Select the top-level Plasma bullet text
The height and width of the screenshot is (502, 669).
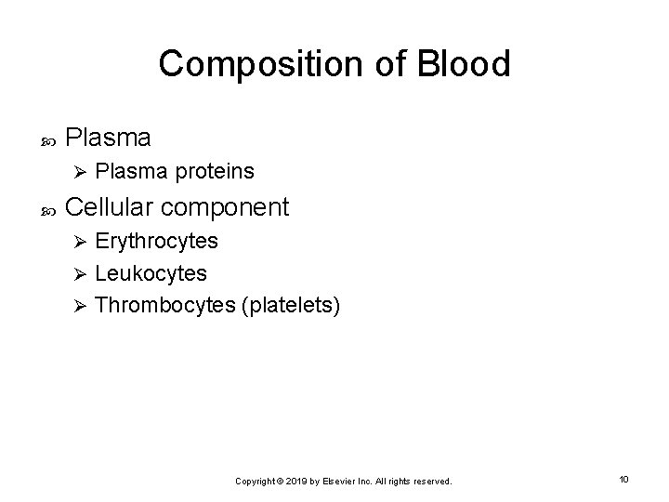109,138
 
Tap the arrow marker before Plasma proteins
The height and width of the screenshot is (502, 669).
80,172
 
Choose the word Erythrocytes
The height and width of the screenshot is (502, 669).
157,242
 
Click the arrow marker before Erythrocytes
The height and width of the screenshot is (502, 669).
80,242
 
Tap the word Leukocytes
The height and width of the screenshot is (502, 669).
151,274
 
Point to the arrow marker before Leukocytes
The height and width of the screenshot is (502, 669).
80,274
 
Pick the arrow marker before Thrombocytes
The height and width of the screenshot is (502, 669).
80,306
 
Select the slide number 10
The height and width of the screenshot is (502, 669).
623,479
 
